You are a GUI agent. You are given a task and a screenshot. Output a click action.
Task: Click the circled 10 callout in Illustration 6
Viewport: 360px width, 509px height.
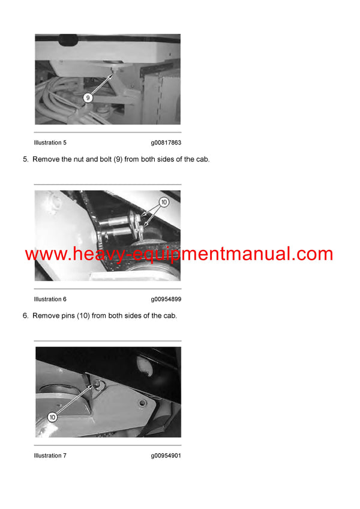[164, 203]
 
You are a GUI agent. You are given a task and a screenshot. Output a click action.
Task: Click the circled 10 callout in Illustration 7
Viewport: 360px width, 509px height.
[52, 417]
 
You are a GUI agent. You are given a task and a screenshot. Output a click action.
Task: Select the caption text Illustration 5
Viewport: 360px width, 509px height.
[50, 143]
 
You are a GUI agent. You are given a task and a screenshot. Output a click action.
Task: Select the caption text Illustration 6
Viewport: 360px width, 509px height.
[50, 299]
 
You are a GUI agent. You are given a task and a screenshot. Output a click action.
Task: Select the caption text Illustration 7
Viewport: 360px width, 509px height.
[50, 456]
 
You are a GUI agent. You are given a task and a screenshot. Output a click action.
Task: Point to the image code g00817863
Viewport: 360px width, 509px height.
[166, 143]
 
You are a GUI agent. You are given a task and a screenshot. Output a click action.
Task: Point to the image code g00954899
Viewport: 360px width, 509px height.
[166, 299]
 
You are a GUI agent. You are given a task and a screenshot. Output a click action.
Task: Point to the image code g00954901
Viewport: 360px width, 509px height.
[166, 456]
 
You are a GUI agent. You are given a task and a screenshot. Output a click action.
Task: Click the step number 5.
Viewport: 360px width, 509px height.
[25, 159]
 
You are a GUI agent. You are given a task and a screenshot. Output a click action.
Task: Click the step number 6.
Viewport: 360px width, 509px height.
[25, 316]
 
